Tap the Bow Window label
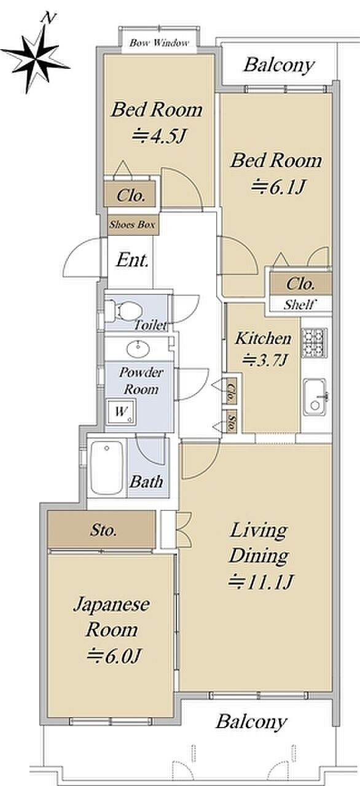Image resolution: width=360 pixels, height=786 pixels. pyautogui.click(x=159, y=43)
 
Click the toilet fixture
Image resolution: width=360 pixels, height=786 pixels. pyautogui.click(x=123, y=311)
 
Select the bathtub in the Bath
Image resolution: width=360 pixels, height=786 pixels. pyautogui.click(x=107, y=468)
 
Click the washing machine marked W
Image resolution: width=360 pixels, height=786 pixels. pyautogui.click(x=121, y=411)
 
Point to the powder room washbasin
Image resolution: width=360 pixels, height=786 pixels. pyautogui.click(x=138, y=349)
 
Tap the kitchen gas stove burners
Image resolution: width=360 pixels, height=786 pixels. pyautogui.click(x=315, y=343)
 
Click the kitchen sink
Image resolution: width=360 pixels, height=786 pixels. pyautogui.click(x=315, y=397)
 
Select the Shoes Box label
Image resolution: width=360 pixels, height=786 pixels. pyautogui.click(x=132, y=225)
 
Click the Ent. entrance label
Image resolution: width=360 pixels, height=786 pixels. pyautogui.click(x=132, y=260)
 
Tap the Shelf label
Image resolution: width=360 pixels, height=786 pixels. pyautogui.click(x=300, y=304)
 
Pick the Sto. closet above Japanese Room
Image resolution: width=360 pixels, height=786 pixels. pyautogui.click(x=102, y=530)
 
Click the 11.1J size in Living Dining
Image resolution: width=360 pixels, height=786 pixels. pyautogui.click(x=260, y=582)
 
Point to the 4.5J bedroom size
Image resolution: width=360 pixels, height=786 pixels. pyautogui.click(x=158, y=136)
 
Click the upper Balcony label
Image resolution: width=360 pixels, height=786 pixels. pyautogui.click(x=279, y=65)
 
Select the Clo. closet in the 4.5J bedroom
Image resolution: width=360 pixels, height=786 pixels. pyautogui.click(x=130, y=195)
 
